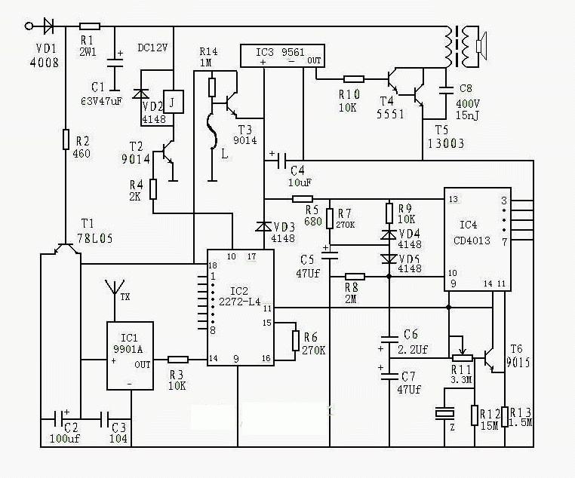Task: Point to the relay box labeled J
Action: coord(174,101)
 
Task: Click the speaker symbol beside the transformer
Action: coord(479,46)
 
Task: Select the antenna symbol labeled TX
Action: coord(115,289)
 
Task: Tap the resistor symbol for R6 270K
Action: coord(296,340)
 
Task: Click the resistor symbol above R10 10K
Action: coord(354,78)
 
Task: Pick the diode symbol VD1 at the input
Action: coord(49,26)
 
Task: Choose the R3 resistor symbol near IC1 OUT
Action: coord(177,360)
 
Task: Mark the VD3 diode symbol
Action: coord(263,226)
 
